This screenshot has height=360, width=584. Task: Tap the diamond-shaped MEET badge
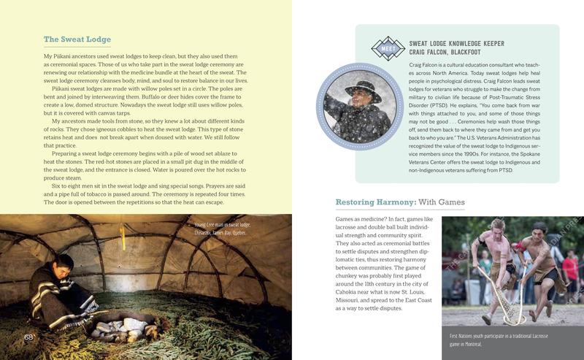pos(387,48)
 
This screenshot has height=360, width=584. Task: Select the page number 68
pos(29,337)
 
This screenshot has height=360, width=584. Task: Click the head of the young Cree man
pos(65,264)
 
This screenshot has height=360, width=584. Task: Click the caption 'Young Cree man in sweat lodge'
pos(217,225)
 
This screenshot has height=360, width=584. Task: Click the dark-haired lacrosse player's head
pos(539,230)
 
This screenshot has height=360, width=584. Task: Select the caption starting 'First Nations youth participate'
pos(497,339)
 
